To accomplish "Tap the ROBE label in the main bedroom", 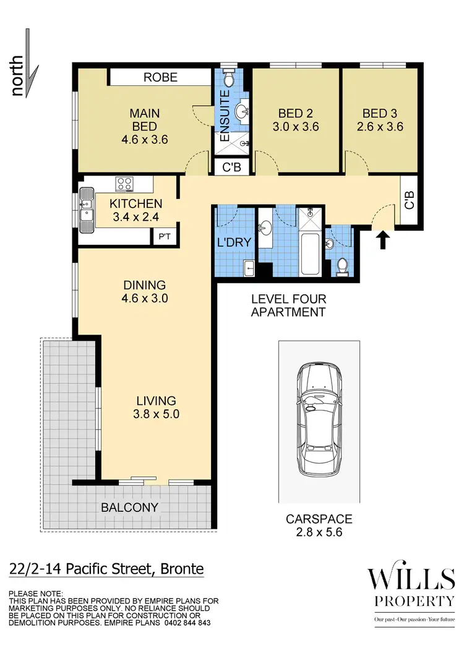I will [160, 77].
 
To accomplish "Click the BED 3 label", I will [382, 114].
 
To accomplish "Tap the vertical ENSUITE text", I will [225, 116].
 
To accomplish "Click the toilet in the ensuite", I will [228, 78].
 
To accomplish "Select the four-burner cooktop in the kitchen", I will [125, 184].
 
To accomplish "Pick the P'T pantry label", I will [165, 236].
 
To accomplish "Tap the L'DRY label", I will [235, 242].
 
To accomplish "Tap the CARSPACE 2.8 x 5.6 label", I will [319, 526].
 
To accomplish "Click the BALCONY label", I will [130, 508].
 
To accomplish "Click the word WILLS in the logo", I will [411, 580].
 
